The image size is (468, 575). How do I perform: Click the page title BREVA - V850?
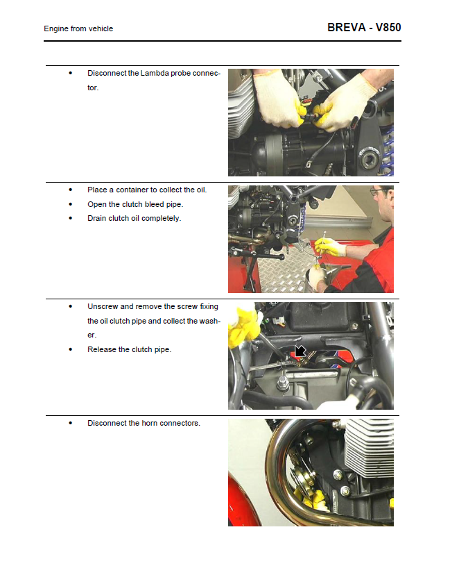click(363, 28)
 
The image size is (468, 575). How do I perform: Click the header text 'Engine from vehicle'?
click(78, 28)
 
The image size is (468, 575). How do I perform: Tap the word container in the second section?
click(132, 190)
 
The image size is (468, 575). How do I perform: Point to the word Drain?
click(98, 218)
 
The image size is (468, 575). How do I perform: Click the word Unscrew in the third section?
click(102, 306)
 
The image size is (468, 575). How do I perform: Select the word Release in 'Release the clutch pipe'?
click(101, 349)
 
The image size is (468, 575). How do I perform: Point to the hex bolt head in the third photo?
click(285, 380)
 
